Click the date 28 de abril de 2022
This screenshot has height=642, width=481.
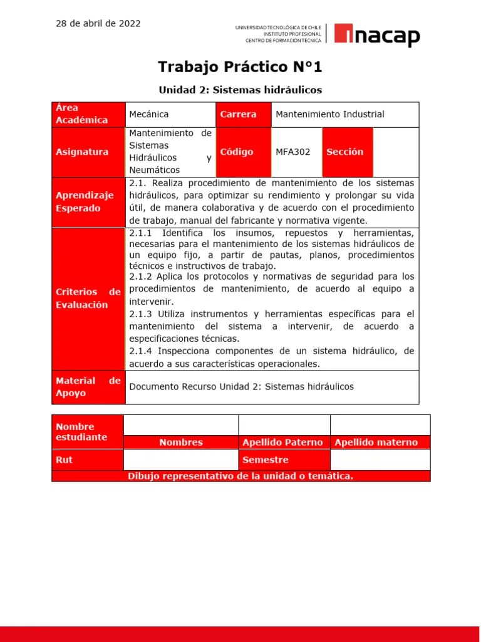tap(98, 24)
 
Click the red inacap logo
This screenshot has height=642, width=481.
tap(377, 35)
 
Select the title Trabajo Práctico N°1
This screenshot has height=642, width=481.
tap(240, 66)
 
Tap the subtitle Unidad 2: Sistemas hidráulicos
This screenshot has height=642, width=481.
tap(240, 90)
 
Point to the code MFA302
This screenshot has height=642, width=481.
tap(293, 152)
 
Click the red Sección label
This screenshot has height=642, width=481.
tap(344, 152)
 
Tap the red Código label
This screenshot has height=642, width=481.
tap(237, 152)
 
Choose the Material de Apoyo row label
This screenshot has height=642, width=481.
tap(88, 387)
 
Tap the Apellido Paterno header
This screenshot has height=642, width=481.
tap(282, 443)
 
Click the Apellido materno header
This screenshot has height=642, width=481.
tap(376, 443)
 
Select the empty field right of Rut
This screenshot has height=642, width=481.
tap(181, 460)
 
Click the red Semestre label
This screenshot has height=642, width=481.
tap(266, 460)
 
